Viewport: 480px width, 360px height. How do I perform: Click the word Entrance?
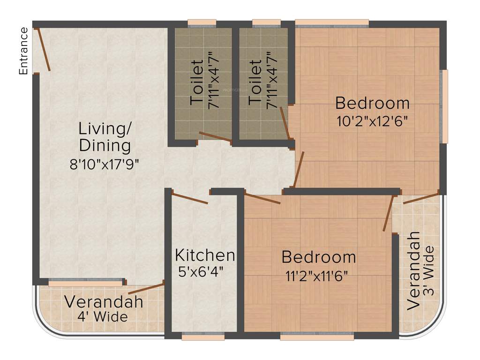pyautogui.click(x=23, y=51)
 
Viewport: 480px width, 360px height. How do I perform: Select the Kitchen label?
pyautogui.click(x=205, y=255)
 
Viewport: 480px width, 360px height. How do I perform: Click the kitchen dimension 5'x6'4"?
pyautogui.click(x=201, y=271)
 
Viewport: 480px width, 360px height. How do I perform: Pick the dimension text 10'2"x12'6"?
pyautogui.click(x=373, y=121)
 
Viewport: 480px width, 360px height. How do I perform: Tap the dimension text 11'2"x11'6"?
pyautogui.click(x=319, y=275)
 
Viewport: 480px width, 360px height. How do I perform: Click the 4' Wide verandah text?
pyautogui.click(x=103, y=317)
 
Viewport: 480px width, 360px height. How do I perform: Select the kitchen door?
pyautogui.click(x=190, y=198)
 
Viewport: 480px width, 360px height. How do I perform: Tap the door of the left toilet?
pyautogui.click(x=215, y=136)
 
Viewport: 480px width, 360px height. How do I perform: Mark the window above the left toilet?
pyautogui.click(x=202, y=22)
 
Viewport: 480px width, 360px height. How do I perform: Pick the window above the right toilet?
pyautogui.click(x=266, y=22)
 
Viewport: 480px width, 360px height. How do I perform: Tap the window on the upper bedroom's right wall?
pyautogui.click(x=444, y=106)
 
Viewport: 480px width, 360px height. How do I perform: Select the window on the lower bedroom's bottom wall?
pyautogui.click(x=317, y=336)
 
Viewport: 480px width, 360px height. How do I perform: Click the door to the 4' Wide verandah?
pyautogui.click(x=149, y=288)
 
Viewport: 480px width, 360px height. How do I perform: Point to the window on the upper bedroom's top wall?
pyautogui.click(x=332, y=22)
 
